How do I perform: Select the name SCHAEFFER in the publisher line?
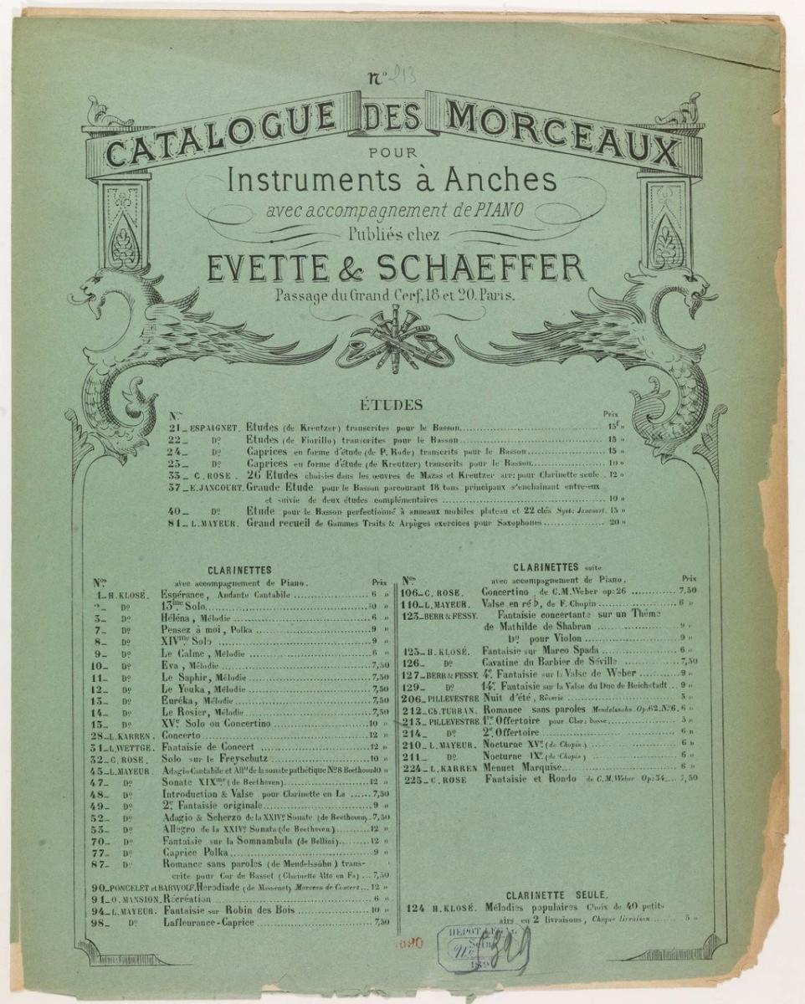pyautogui.click(x=481, y=268)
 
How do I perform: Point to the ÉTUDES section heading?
pyautogui.click(x=390, y=406)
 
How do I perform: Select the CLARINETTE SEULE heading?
pyautogui.click(x=548, y=894)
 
